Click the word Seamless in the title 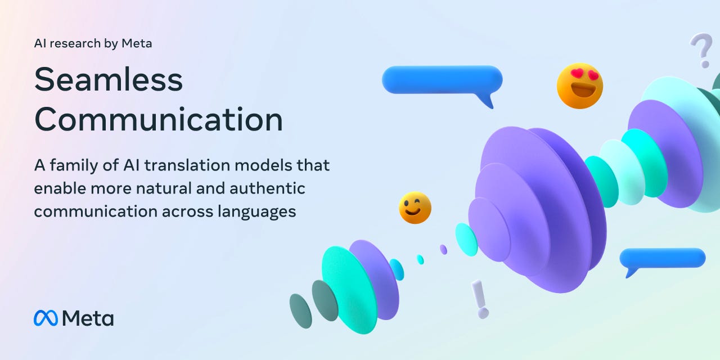coord(109,80)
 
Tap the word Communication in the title coord(159,120)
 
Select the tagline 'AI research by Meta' coord(93,43)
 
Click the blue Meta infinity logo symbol coord(46,318)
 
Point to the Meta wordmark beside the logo coord(88,318)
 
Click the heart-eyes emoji coord(580,85)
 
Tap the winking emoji coord(415,208)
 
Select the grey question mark coord(701,49)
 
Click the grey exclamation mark coord(480,299)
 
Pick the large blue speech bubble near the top coord(442,79)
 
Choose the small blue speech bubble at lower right coord(663,258)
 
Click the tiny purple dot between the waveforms coord(443,249)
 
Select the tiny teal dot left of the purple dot coord(420,259)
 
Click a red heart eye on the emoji coord(571,75)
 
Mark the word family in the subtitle coord(69,166)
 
